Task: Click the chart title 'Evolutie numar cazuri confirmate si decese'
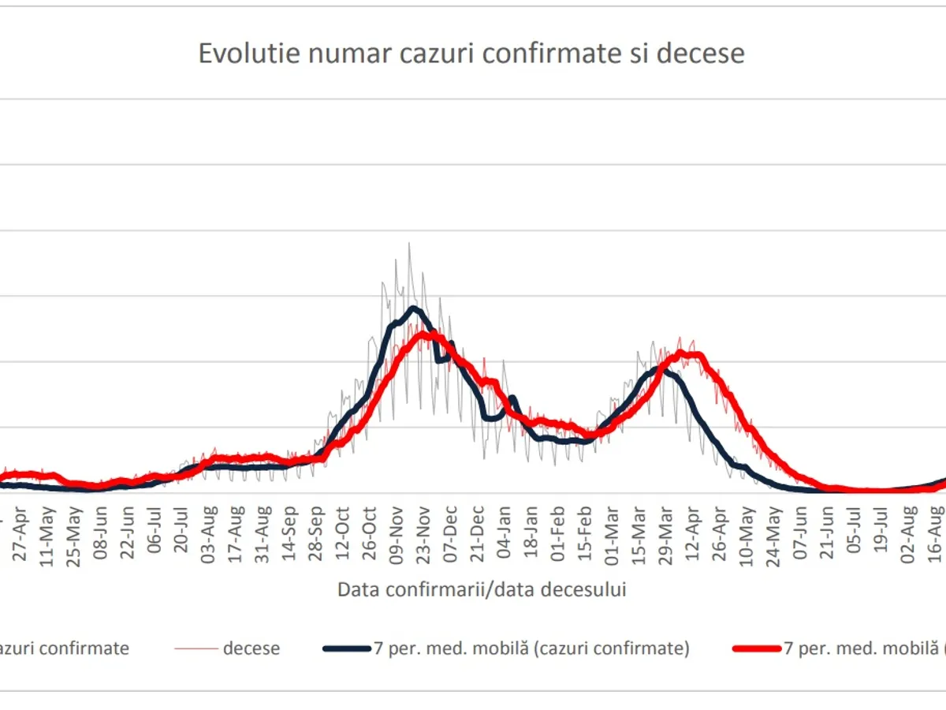coord(471,54)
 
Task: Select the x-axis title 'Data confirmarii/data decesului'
coord(482,589)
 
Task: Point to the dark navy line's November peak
coord(412,308)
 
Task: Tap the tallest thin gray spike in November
coord(409,244)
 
